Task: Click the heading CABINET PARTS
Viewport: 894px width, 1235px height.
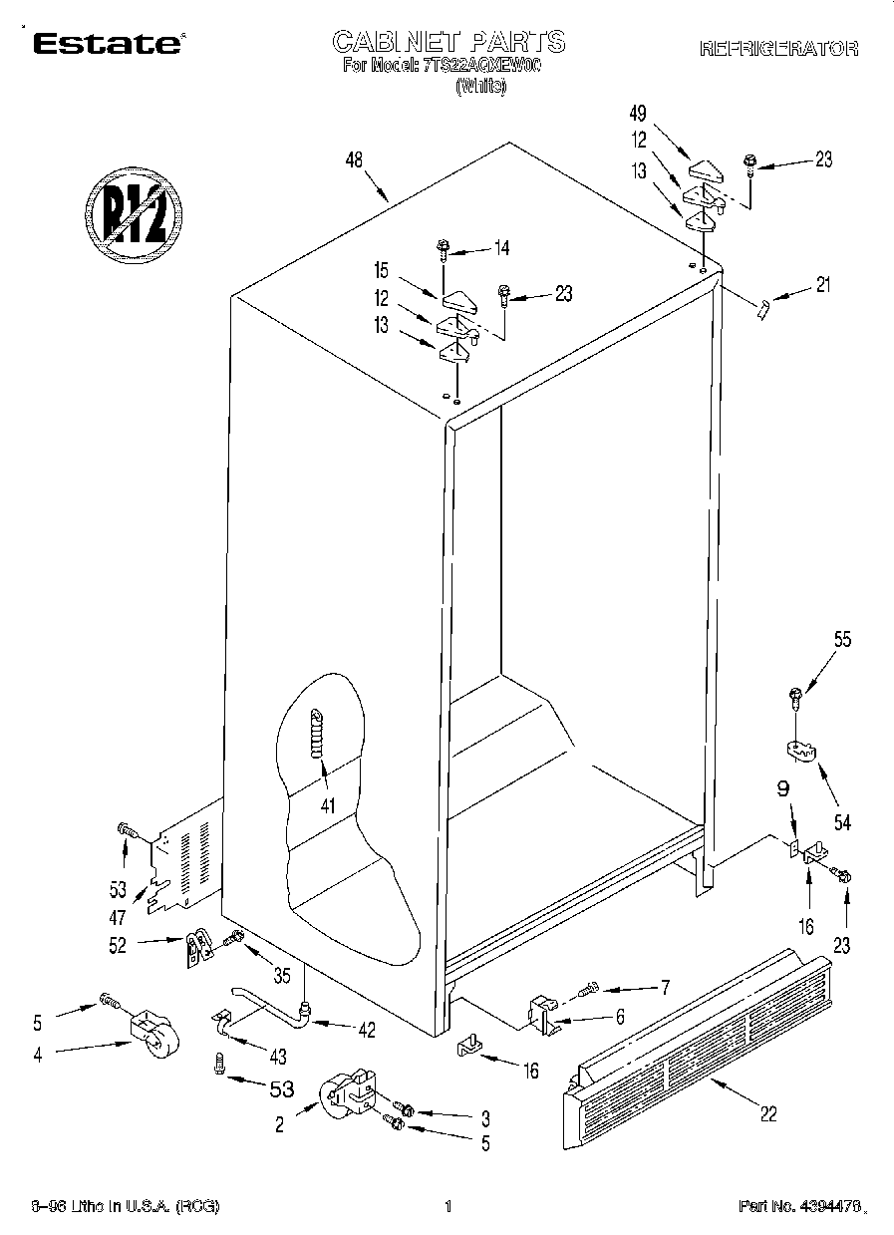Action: point(447,42)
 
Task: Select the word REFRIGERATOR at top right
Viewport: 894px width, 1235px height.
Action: point(778,48)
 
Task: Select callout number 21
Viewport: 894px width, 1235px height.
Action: point(821,286)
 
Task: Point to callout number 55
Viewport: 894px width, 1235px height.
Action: point(842,641)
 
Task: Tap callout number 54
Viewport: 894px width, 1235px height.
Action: point(843,822)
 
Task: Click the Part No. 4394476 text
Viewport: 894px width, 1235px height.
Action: point(797,1207)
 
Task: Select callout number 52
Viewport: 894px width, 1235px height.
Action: point(119,945)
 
